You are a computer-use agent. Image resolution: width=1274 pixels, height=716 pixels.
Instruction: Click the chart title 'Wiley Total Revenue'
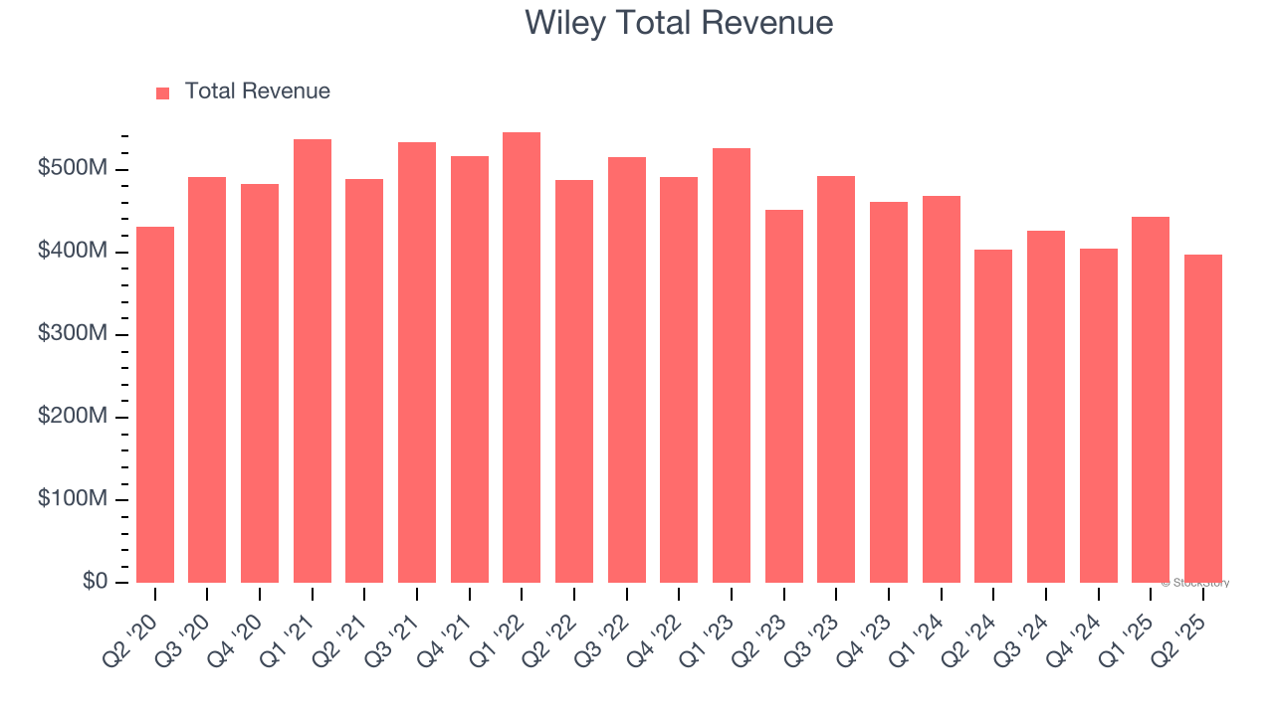[x=679, y=22]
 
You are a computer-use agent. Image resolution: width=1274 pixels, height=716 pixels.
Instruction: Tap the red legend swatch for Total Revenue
[x=163, y=92]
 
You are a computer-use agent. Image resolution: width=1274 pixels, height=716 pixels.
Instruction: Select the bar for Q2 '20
[x=155, y=405]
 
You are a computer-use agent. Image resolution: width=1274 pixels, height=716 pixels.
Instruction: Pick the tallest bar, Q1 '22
[x=522, y=357]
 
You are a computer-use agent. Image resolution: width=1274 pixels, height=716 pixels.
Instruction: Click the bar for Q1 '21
[x=313, y=361]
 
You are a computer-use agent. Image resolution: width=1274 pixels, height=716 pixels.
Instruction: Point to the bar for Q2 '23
[x=784, y=396]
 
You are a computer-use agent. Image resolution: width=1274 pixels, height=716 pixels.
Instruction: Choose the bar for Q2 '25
[x=1203, y=419]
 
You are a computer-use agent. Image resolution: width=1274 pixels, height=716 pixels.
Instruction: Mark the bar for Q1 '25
[x=1151, y=400]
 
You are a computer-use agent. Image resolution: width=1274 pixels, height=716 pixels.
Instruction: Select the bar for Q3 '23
[x=836, y=379]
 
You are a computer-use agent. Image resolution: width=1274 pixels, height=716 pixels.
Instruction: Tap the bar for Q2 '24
[x=993, y=416]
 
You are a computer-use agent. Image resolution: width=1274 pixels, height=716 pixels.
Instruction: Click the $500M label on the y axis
[x=72, y=169]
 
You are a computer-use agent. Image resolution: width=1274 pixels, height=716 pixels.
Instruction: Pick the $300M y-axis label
[x=72, y=334]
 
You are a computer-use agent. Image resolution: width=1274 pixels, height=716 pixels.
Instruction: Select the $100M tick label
[x=72, y=499]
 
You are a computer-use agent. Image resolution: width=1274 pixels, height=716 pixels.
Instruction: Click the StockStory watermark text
[x=1194, y=583]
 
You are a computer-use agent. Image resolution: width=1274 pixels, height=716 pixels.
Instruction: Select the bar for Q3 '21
[x=417, y=362]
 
